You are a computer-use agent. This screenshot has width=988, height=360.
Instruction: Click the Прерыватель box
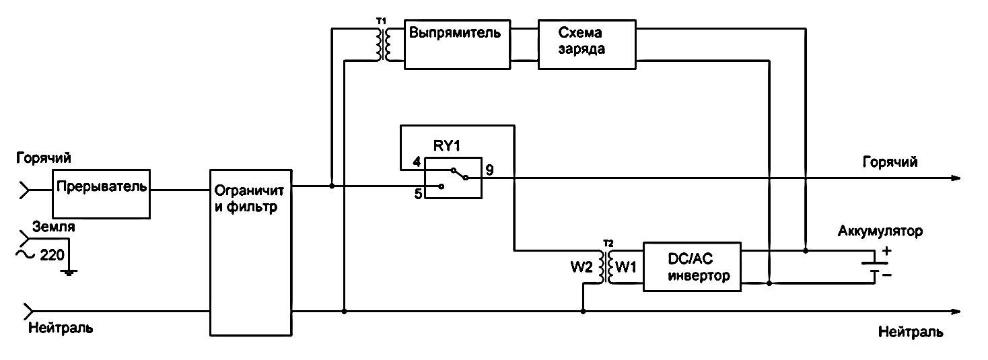[102, 193]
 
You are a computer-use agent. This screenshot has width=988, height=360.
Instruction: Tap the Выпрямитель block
[456, 44]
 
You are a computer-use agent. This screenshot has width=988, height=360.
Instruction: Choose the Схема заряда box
[586, 44]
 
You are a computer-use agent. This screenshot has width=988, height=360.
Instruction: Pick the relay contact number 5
[417, 194]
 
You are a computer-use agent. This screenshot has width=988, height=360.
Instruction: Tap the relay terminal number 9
[489, 170]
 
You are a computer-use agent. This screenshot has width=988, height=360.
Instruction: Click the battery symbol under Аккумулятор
[873, 267]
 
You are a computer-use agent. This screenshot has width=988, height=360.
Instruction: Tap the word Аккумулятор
[880, 231]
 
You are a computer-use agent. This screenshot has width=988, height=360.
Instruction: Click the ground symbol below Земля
[69, 271]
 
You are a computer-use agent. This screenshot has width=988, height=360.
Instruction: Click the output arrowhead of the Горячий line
[956, 178]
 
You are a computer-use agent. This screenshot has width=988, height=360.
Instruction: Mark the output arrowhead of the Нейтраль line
[956, 312]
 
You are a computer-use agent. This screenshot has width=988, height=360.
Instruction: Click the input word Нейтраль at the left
[60, 329]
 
